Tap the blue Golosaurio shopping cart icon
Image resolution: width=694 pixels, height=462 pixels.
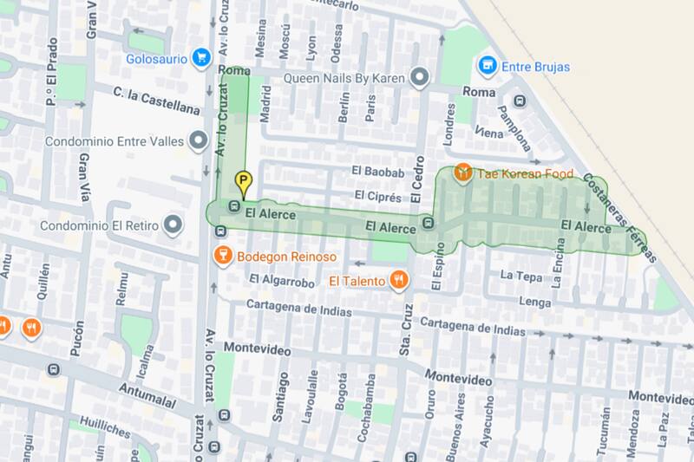point(201,58)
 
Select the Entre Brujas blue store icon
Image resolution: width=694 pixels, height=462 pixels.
point(488,65)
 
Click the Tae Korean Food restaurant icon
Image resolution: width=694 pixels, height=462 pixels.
point(463,173)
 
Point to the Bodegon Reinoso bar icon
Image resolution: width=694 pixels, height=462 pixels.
point(223,256)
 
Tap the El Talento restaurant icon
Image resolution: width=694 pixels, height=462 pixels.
point(398,280)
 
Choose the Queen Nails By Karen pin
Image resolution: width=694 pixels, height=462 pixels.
point(421,78)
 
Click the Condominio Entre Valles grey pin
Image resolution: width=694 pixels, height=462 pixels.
point(199,140)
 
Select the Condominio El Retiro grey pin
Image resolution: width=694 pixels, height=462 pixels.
point(173,225)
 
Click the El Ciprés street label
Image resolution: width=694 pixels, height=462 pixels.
point(377,197)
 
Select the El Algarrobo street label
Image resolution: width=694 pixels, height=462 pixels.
point(281,280)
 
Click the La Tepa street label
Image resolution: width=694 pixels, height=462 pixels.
point(521,277)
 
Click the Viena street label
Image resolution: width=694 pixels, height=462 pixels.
point(489,133)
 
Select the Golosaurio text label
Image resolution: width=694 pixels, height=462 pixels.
point(156,59)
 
